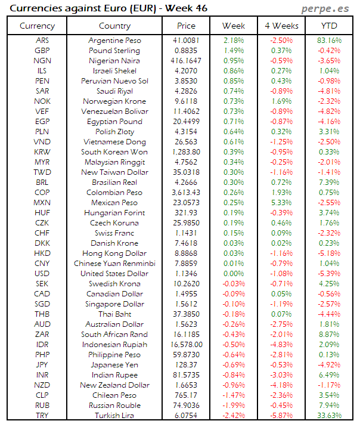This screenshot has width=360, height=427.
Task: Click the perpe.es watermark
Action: [327, 9]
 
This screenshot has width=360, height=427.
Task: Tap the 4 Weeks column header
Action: [281, 26]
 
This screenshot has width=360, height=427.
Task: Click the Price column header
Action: [186, 26]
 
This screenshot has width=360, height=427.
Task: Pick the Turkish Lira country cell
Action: [114, 416]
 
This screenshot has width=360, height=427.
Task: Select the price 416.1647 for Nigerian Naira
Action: [186, 61]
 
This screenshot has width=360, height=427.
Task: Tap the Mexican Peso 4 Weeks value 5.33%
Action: [281, 203]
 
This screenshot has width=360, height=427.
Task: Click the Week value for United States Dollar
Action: [234, 274]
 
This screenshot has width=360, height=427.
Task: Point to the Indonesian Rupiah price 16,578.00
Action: [186, 345]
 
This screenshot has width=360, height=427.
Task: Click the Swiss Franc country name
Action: [114, 233]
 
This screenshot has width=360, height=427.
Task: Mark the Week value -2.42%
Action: [234, 416]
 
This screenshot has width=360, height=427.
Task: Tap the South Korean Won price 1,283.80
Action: [186, 152]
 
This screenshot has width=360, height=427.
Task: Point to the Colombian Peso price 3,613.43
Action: [186, 193]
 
